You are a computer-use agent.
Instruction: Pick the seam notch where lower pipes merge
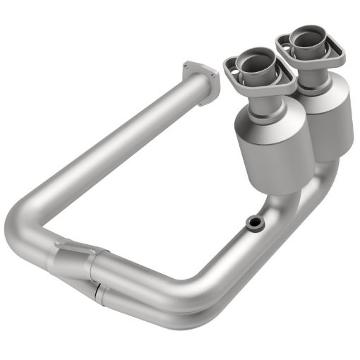pos(95,289)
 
